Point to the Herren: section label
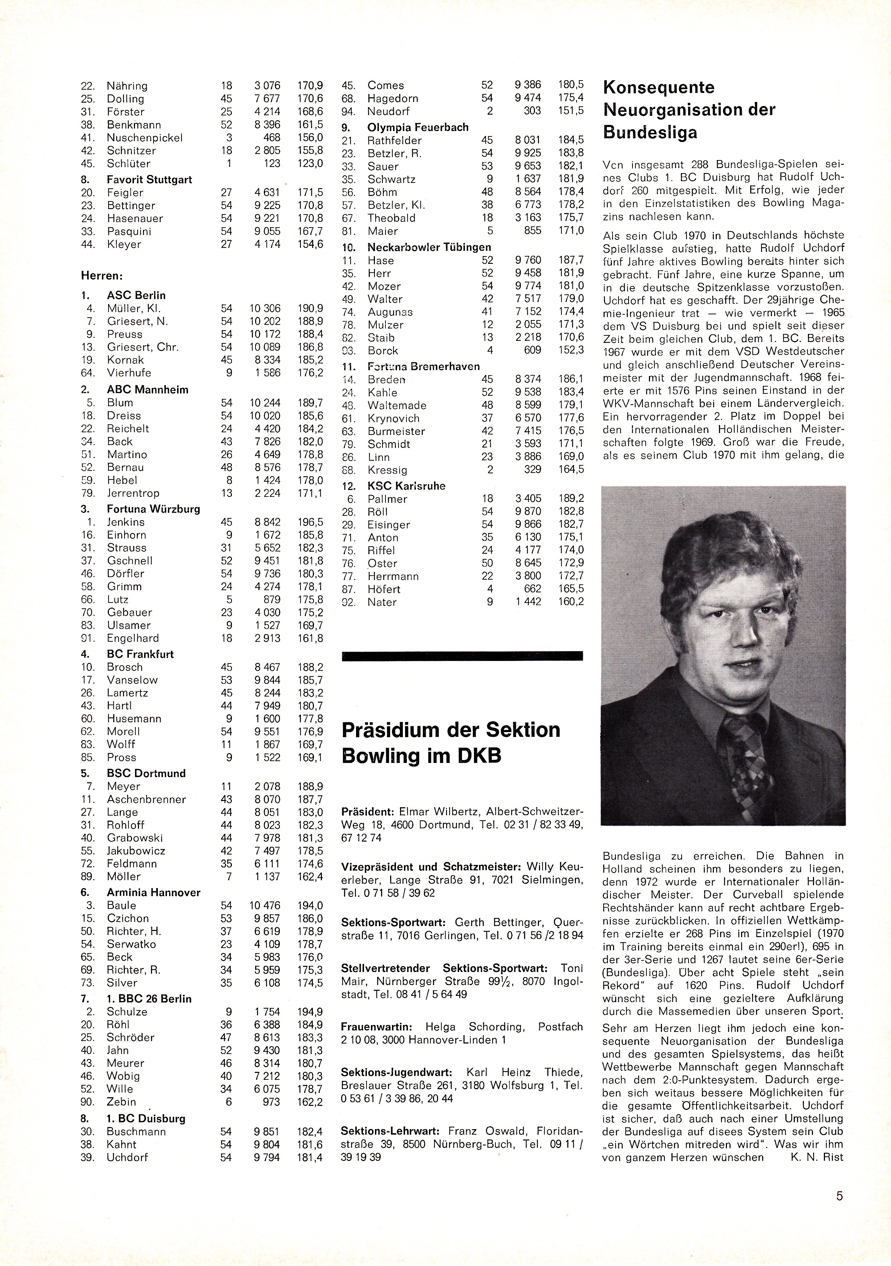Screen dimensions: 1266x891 click(x=102, y=275)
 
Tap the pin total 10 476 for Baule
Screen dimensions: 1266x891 click(x=265, y=905)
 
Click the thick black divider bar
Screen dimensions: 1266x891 click(x=462, y=656)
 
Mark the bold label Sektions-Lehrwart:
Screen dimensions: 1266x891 click(x=391, y=1130)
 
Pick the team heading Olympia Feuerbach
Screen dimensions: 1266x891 click(x=418, y=127)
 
